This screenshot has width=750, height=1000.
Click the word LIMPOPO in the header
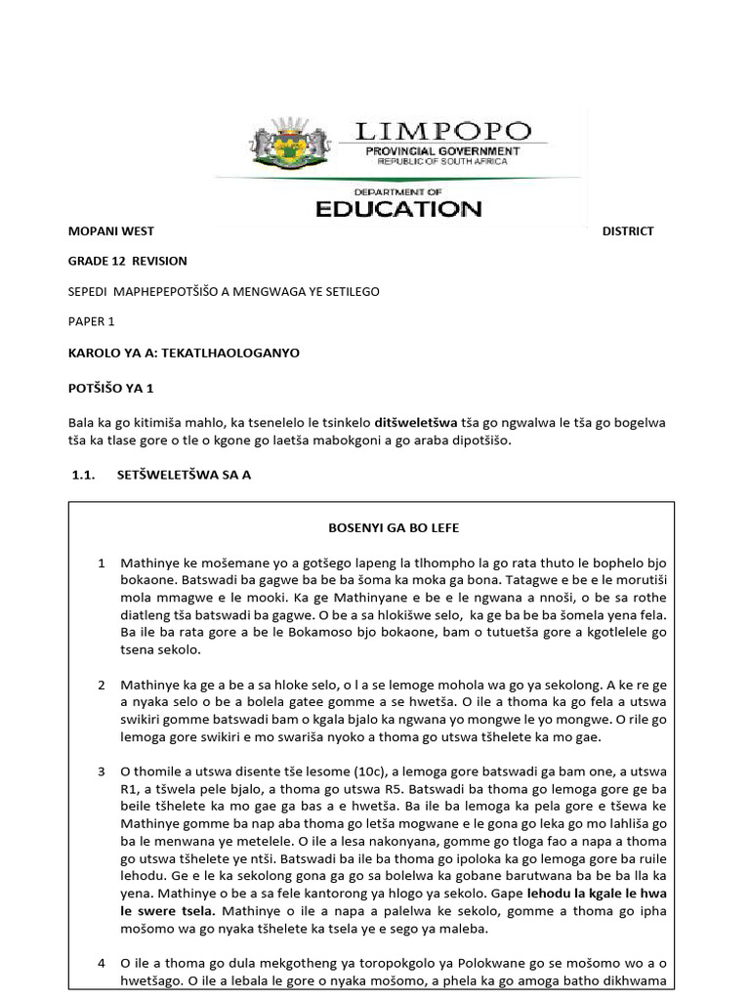tap(442, 131)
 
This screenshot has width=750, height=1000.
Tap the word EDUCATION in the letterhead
tap(396, 208)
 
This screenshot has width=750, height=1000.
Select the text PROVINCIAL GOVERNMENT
tap(442, 151)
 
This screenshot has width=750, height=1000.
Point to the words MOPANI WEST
tap(110, 231)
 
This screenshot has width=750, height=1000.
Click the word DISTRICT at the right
tap(628, 231)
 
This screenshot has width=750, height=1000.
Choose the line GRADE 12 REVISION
tap(127, 261)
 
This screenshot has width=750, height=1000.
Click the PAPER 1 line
tap(91, 320)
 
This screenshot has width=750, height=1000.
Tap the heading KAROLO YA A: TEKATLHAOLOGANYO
tap(183, 354)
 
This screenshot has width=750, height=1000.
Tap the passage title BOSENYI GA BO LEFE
tap(393, 528)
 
